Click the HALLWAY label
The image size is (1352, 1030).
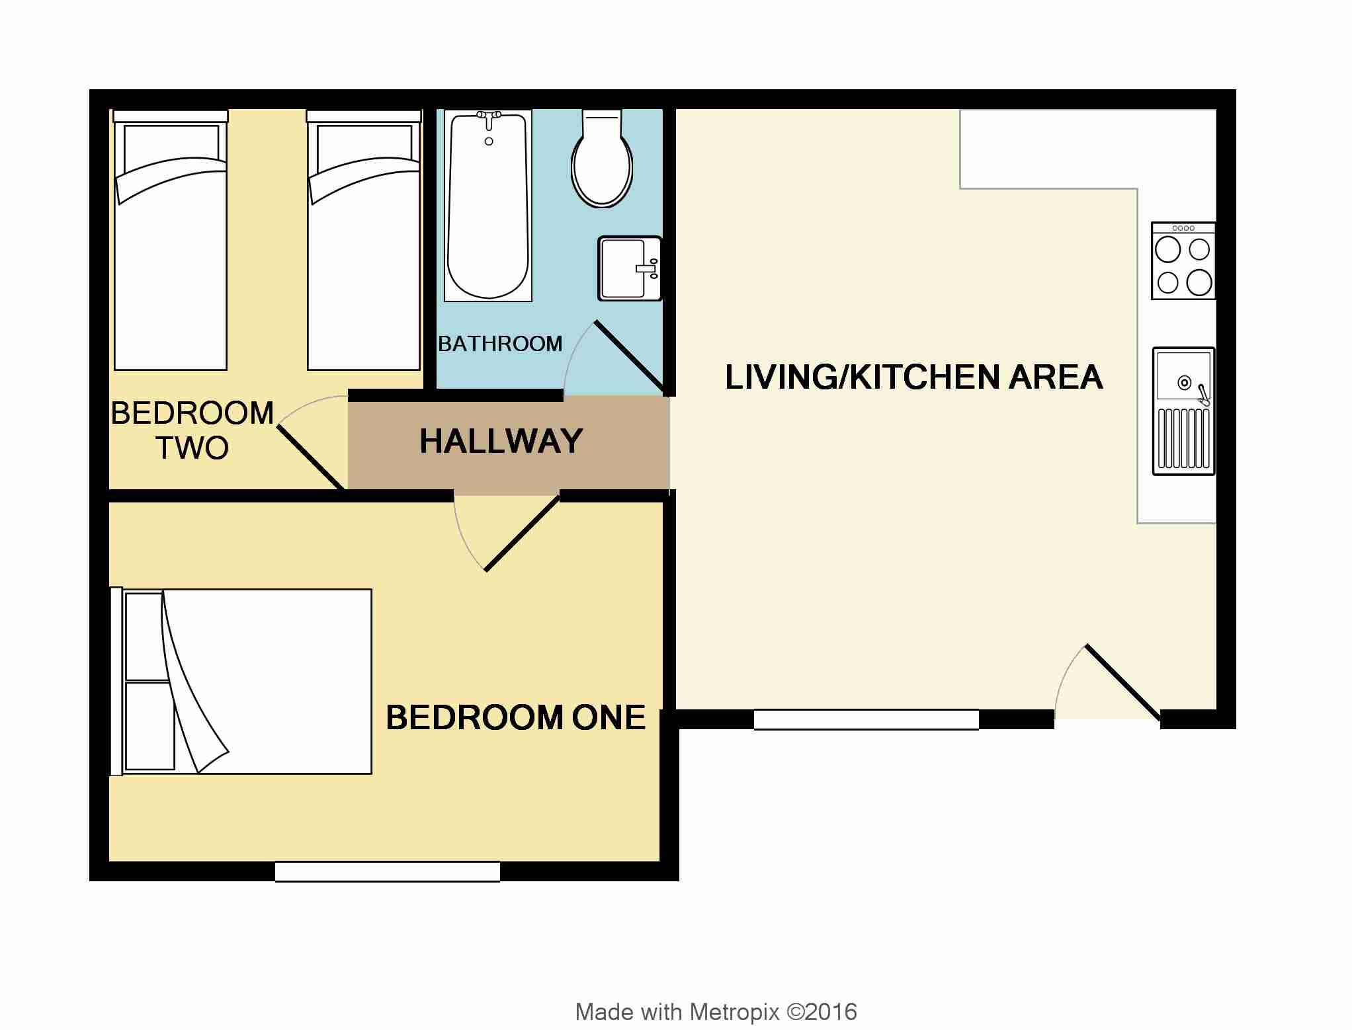pos(501,441)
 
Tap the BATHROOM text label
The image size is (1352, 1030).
pos(500,344)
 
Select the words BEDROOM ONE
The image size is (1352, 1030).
pos(515,717)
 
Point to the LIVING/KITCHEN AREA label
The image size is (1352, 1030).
pos(913,377)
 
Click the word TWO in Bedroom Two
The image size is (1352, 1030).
pos(192,448)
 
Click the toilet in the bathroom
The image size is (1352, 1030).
pos(602,159)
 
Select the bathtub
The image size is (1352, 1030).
pos(489,206)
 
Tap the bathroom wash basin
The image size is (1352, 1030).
pos(630,268)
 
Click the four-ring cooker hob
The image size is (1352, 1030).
pos(1183,261)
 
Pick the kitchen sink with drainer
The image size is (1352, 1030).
pos(1184,411)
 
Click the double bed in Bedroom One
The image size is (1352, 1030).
pos(241,681)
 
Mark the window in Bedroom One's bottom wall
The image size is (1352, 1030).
pos(388,871)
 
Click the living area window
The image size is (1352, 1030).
pos(866,719)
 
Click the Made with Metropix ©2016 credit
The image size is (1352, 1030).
pos(716,1012)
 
